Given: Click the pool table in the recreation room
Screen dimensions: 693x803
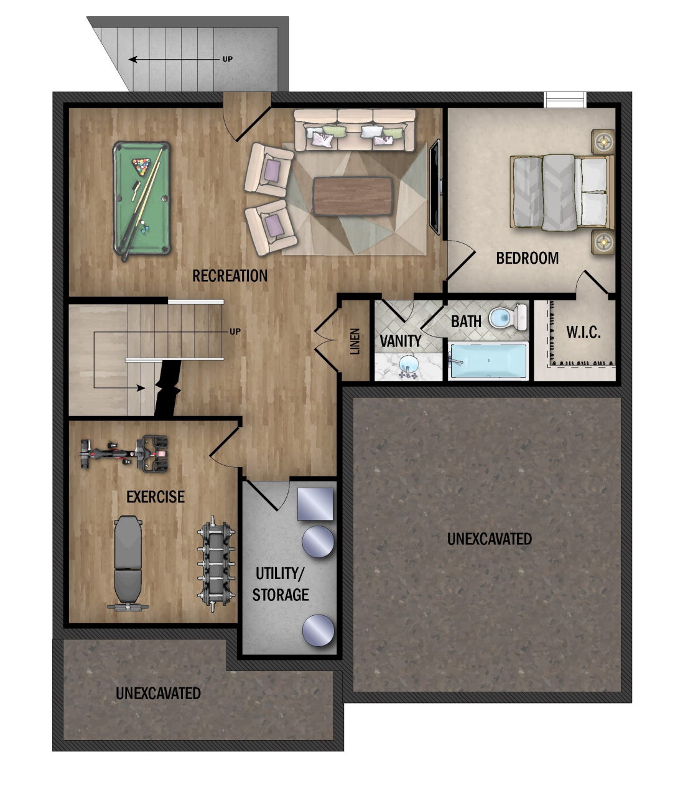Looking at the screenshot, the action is tap(142, 198).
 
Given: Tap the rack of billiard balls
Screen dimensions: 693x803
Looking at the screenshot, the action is tap(141, 166).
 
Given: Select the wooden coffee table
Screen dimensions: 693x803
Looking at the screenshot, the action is tap(353, 196).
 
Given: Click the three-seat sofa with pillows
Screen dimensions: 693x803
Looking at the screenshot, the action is tap(354, 130).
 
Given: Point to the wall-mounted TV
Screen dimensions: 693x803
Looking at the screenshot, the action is tap(435, 187).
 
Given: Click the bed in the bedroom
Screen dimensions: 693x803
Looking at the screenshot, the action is tap(561, 192).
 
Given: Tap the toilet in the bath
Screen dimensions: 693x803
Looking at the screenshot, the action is tap(508, 317).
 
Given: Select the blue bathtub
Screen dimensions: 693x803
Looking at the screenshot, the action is tap(489, 360).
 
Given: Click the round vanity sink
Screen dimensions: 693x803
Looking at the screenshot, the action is tap(409, 365).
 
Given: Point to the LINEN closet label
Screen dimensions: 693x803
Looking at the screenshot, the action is tap(355, 341).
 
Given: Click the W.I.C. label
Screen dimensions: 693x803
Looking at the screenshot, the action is tap(583, 332).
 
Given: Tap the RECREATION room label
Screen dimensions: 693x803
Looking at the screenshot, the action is tap(230, 276).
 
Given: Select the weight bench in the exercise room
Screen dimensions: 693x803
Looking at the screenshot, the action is tap(128, 563).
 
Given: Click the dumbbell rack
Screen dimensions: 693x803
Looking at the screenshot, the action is tap(216, 563).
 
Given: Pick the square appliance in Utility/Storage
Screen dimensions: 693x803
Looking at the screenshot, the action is tap(315, 504).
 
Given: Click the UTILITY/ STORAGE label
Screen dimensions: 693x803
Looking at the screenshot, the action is tap(281, 584).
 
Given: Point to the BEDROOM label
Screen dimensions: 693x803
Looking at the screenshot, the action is tap(527, 258).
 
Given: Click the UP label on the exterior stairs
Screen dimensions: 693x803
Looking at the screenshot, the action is tap(228, 59).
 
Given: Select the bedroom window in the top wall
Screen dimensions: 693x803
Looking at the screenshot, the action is tap(565, 100).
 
